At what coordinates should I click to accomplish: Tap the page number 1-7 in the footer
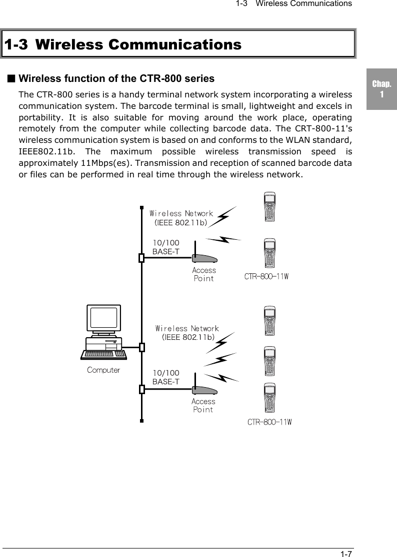coord(346,553)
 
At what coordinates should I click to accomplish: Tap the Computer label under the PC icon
coord(103,370)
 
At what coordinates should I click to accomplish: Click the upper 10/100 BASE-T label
coord(166,247)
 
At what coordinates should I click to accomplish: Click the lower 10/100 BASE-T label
coord(166,378)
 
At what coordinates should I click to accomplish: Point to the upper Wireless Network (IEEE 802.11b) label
coord(181,218)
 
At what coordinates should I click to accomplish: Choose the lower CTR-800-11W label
coord(269,423)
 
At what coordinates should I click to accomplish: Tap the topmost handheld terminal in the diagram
coord(270,207)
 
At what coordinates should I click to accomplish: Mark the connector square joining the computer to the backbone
coord(142,347)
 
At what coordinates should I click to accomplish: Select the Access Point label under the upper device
coord(204,274)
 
